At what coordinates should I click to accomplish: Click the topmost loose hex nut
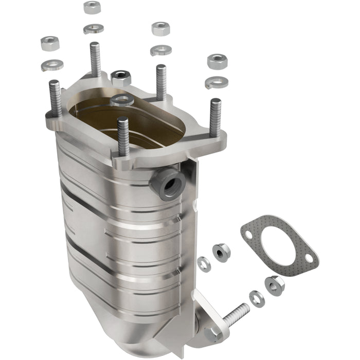click(x=92, y=7)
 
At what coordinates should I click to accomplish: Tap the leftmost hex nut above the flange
click(x=50, y=43)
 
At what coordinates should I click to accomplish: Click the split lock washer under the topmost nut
click(x=93, y=28)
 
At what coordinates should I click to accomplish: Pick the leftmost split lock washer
click(x=52, y=65)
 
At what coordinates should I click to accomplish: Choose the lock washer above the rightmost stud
click(x=216, y=82)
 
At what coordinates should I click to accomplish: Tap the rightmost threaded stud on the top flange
click(x=214, y=117)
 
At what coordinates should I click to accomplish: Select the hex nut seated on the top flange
click(x=121, y=78)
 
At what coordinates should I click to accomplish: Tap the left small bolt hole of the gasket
click(x=249, y=235)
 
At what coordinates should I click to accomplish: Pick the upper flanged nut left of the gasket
click(x=221, y=252)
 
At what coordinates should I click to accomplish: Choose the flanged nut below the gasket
click(x=275, y=284)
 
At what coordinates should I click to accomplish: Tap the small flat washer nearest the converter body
click(x=204, y=263)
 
